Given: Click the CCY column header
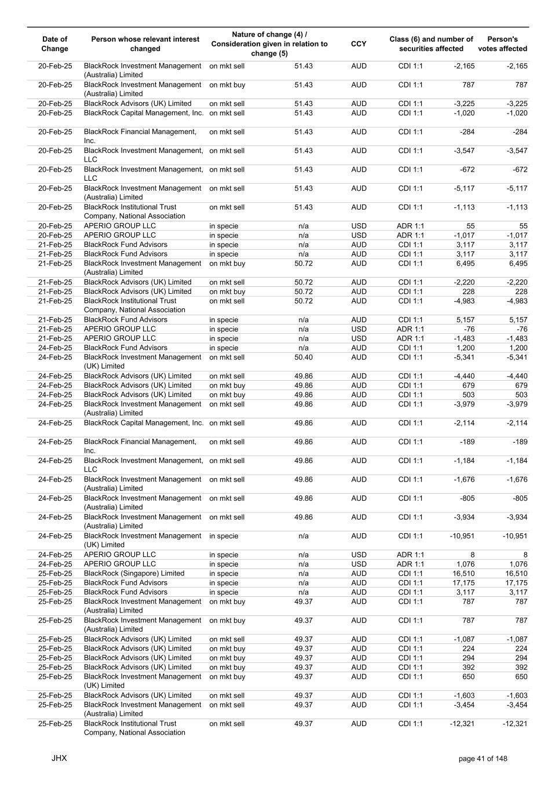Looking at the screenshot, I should pyautogui.click(x=359, y=44).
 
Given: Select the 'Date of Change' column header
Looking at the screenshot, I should pyautogui.click(x=55, y=44).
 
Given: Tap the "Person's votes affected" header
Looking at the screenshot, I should pyautogui.click(x=502, y=44).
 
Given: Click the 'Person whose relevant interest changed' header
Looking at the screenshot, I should pyautogui.click(x=145, y=44).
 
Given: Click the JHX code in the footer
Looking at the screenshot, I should pyautogui.click(x=59, y=758).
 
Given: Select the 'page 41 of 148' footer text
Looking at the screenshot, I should pyautogui.click(x=483, y=759).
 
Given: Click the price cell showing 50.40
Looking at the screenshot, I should pyautogui.click(x=304, y=358).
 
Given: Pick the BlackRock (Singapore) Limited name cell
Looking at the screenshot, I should pyautogui.click(x=134, y=574).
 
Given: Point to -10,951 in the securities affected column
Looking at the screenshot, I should pyautogui.click(x=462, y=536).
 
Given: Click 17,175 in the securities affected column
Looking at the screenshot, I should pyautogui.click(x=463, y=583).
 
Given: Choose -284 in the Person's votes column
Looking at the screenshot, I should pyautogui.click(x=520, y=132).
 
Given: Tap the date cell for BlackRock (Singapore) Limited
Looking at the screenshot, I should pyautogui.click(x=55, y=574).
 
